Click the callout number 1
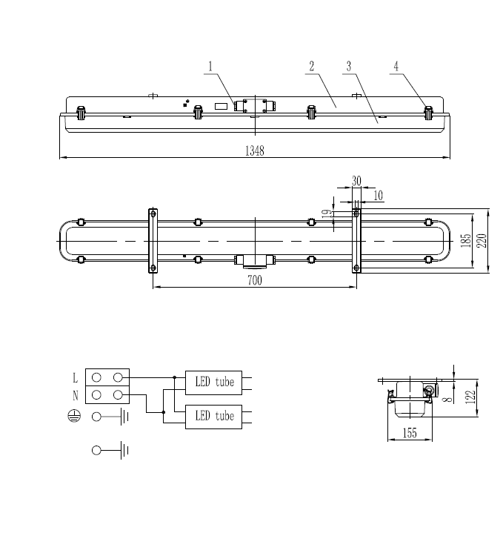[210, 66]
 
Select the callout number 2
[312, 66]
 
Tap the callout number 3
[348, 66]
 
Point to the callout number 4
[396, 66]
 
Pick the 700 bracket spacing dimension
[255, 281]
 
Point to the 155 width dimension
[408, 435]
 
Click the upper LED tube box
[214, 383]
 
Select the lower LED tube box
[214, 416]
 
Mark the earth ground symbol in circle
[73, 417]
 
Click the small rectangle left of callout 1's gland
[220, 106]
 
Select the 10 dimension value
[379, 196]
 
